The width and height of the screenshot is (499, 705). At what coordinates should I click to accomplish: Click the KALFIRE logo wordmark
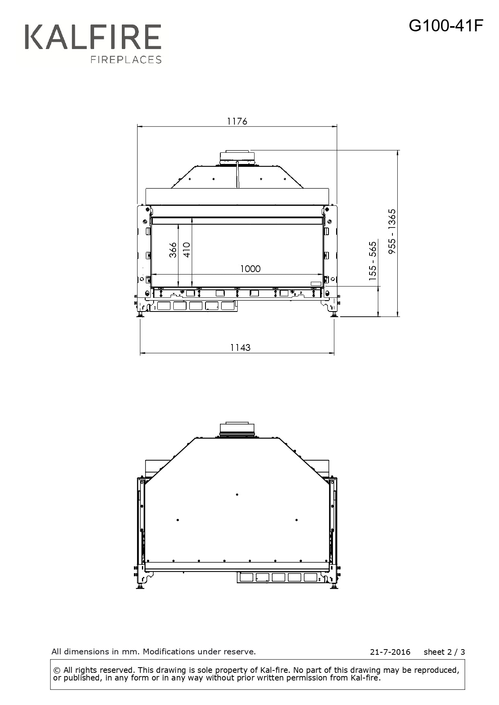click(93, 37)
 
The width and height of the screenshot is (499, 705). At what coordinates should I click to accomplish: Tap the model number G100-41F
click(446, 26)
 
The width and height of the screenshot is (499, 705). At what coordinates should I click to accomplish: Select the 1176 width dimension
click(237, 121)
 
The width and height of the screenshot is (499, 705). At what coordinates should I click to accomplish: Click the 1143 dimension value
click(240, 347)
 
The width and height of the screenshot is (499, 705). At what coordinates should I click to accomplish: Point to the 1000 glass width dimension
click(250, 268)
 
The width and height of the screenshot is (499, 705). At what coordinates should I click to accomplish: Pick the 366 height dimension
click(173, 250)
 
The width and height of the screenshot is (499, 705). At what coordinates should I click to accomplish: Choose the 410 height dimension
click(187, 250)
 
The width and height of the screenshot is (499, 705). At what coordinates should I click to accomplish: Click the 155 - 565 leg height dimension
click(373, 260)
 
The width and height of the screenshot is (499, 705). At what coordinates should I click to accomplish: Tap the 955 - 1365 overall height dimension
click(392, 231)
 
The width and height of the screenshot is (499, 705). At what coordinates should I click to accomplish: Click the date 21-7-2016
click(390, 652)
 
